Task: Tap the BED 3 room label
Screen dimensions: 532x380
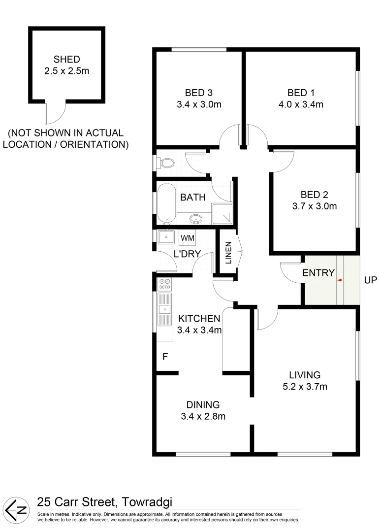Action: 199,92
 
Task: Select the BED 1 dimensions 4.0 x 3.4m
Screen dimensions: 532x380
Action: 301,104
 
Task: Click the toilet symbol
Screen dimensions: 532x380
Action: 165,163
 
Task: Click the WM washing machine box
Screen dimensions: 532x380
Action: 188,238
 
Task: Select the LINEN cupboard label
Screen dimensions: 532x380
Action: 228,252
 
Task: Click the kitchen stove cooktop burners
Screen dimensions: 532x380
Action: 164,284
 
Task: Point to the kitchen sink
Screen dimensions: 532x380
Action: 164,309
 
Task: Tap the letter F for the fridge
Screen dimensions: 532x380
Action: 165,355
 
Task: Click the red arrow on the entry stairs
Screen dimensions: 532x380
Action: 340,280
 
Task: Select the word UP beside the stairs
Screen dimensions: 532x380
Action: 370,280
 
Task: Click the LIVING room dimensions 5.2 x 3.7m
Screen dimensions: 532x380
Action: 305,387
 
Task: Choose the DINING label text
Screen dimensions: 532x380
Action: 203,405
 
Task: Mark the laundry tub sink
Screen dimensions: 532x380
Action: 166,237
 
